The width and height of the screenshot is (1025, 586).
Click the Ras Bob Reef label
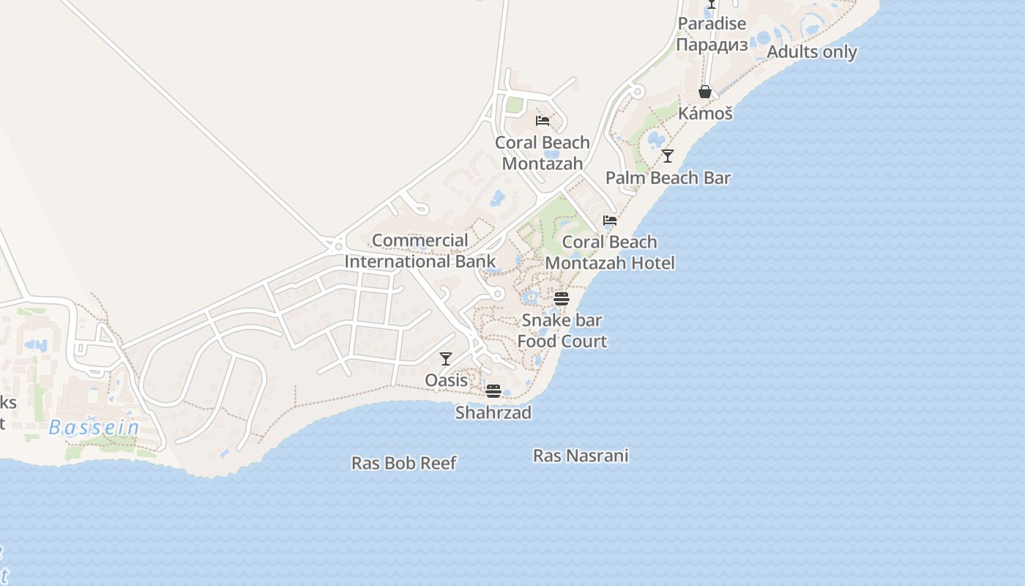pos(404,463)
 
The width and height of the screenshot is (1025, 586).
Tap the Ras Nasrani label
pos(581,456)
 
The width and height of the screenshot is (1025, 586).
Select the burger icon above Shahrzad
pos(493,390)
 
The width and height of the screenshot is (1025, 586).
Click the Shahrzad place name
pos(493,412)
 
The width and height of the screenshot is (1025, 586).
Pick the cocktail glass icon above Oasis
pos(446,359)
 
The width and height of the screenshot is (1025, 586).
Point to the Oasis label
pos(446,380)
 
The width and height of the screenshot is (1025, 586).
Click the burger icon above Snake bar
pos(562,298)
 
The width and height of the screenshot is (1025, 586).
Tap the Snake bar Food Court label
pos(562,330)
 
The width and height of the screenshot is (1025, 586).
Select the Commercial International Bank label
pos(420,251)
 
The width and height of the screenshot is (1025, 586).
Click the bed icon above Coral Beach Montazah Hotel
pos(610,220)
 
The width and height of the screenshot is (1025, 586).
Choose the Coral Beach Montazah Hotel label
pos(610,252)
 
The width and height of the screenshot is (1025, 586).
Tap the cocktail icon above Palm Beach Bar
pos(668,155)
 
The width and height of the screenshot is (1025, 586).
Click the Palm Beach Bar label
pos(668,177)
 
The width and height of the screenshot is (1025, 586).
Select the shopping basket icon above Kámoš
pos(705,92)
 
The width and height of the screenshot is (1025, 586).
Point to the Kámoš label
pos(705,113)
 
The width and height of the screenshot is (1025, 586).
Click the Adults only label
pos(811,52)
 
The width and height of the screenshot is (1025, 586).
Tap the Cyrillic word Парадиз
pos(712,45)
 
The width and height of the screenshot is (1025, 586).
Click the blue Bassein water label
pos(94,427)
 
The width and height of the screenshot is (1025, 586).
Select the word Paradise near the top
pos(712,23)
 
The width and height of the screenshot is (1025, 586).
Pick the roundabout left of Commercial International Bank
pos(338,245)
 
